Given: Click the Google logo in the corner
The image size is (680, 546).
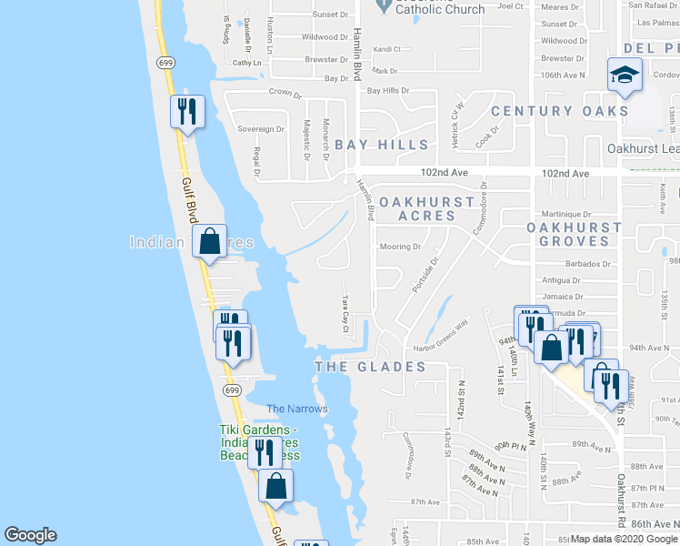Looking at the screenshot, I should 31,535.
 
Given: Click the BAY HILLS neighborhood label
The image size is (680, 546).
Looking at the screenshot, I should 382,145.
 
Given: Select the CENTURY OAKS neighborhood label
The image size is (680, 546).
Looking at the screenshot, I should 560,111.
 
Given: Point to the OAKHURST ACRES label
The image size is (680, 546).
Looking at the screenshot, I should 427,208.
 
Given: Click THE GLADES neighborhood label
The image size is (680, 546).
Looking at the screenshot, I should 370,367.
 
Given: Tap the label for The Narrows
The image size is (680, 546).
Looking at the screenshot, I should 297,409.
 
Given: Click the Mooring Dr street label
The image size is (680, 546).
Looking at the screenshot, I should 400,247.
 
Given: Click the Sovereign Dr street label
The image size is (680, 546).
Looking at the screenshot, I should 261,129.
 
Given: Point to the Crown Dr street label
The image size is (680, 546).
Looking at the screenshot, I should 285,93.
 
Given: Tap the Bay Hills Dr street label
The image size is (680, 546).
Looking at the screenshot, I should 388,91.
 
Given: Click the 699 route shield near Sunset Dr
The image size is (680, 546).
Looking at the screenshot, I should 165,63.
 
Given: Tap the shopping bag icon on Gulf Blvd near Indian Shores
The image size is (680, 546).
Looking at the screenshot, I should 210,243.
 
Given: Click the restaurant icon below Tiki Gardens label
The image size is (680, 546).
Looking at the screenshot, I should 265,450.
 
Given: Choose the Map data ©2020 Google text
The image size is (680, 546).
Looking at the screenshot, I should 624,539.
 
